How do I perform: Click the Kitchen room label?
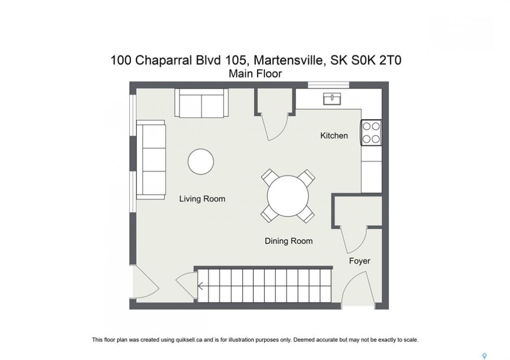[334, 135]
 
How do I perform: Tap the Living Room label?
[202, 199]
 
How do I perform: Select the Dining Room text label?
[288, 241]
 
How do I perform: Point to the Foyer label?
[359, 261]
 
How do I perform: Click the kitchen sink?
[332, 98]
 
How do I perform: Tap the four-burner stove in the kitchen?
[371, 132]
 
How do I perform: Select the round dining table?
[288, 196]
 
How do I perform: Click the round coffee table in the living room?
[201, 162]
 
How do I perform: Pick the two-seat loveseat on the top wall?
[202, 103]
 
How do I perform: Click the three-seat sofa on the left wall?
[151, 159]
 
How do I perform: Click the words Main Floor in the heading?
[255, 74]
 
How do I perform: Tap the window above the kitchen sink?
[328, 85]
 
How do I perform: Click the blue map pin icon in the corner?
[484, 356]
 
